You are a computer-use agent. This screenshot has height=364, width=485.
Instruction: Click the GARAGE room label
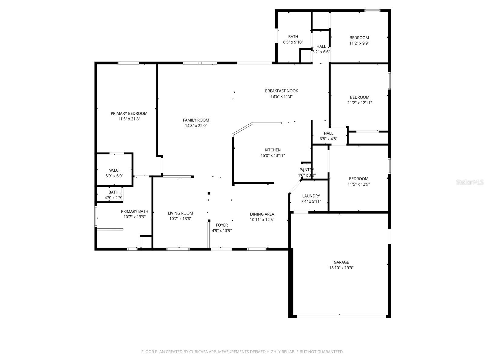pos(341,262)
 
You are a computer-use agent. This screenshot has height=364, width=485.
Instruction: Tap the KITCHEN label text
pos(273,150)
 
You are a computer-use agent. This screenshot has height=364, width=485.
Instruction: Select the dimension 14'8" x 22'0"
pos(196,126)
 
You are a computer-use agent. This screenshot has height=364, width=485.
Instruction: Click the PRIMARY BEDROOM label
pos(129,113)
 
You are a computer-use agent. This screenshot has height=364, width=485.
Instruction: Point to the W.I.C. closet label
pos(114,170)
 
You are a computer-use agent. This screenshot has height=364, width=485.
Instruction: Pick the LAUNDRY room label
pos(311,196)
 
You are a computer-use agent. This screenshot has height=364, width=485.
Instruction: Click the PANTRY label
pos(307,170)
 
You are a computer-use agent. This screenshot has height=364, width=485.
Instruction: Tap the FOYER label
pos(222,225)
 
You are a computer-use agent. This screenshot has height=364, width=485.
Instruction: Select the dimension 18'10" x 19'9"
pos(341,268)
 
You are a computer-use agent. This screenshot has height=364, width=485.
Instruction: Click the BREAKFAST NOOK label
pos(282,91)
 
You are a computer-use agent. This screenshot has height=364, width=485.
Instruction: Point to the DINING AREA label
pos(262,214)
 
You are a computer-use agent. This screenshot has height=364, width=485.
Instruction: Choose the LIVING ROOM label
pos(180,213)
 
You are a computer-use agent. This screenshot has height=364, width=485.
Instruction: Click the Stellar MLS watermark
pos(470,182)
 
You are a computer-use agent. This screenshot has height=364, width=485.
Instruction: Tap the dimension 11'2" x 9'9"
pos(359,43)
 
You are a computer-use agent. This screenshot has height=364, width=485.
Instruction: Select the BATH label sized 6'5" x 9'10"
pos(293,37)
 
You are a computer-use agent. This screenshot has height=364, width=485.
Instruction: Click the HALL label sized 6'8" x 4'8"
pos(328,133)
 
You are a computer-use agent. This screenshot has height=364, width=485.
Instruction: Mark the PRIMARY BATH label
pos(135,211)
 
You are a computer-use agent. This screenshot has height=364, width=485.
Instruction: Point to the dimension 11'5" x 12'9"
pos(359,184)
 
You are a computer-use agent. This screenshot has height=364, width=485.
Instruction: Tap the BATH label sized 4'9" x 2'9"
pos(113,192)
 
